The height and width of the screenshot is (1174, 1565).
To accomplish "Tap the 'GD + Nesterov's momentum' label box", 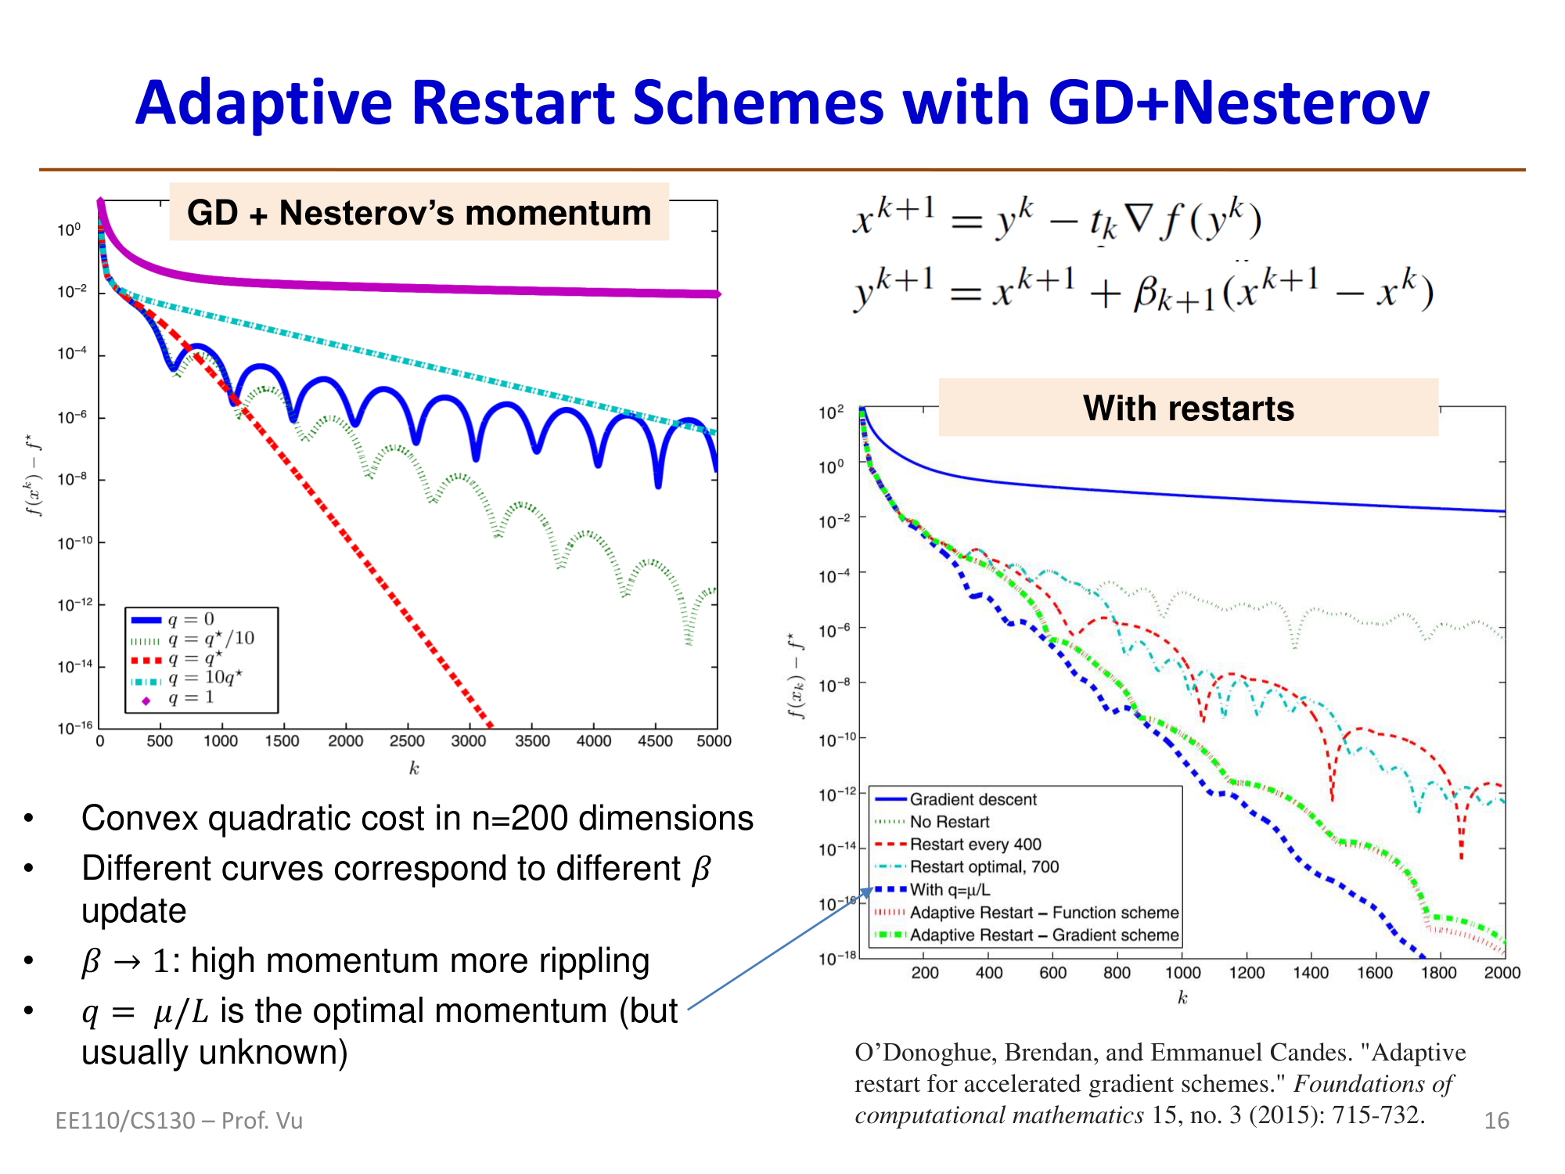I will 419,213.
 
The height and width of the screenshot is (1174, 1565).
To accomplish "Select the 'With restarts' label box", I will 1188,409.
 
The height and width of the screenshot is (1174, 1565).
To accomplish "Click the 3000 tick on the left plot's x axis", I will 468,740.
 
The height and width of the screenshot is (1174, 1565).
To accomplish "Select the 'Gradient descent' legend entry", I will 972,799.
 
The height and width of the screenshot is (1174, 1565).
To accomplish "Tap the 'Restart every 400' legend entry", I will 975,844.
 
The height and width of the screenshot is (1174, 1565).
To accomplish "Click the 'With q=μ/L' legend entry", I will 950,890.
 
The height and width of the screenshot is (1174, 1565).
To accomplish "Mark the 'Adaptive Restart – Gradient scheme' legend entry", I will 1043,935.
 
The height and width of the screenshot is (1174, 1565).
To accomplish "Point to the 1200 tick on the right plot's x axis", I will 1246,973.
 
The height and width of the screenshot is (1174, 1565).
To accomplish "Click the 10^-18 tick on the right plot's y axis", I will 837,959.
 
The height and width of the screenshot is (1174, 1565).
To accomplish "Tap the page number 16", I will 1496,1121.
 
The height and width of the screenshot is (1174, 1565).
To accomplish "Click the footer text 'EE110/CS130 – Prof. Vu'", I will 178,1121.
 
